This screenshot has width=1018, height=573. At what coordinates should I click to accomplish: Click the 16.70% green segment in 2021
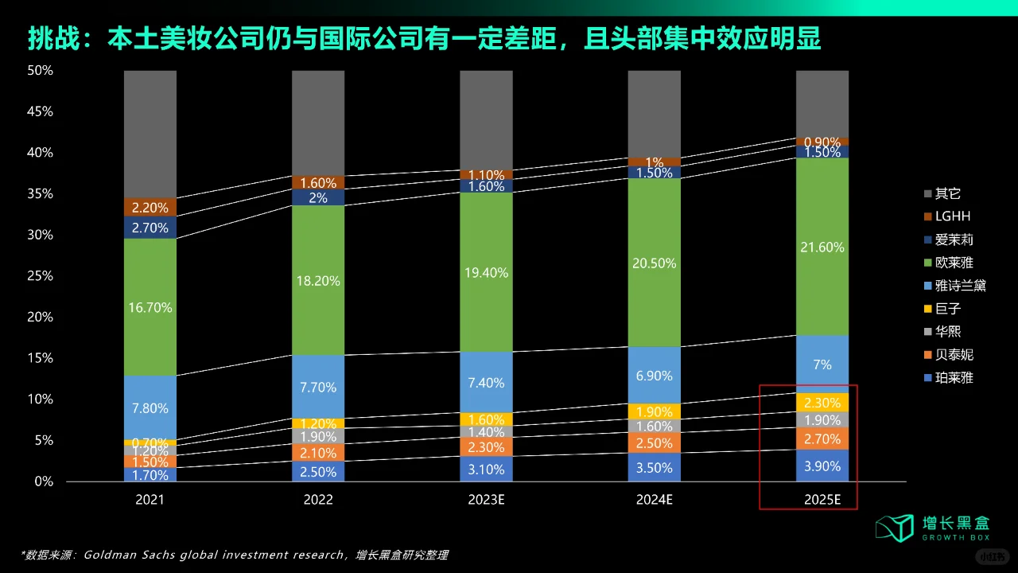point(150,307)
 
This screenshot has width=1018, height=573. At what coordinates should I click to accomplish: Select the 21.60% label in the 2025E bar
point(823,248)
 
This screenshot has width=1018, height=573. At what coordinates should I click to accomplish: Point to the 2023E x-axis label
point(487,500)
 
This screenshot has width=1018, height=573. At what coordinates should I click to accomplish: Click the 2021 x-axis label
point(150,500)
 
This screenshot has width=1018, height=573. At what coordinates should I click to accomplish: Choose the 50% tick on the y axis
point(40,71)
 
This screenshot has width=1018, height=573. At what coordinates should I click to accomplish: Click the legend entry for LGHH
point(953,216)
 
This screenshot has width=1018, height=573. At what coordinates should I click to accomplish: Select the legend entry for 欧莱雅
point(954,263)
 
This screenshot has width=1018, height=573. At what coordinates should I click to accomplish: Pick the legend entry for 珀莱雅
point(954,377)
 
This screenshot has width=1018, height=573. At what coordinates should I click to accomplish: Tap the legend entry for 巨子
point(948,309)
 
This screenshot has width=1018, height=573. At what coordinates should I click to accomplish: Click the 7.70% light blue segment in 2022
point(318,388)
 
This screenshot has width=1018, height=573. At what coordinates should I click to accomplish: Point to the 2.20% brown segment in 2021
point(150,208)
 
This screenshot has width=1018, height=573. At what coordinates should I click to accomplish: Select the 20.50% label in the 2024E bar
point(655,263)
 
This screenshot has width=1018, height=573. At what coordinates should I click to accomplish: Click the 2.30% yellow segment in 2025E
point(823,403)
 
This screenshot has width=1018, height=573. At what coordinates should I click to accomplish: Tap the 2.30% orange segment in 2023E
point(487,447)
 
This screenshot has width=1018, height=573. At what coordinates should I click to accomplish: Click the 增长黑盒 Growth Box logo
point(932,527)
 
